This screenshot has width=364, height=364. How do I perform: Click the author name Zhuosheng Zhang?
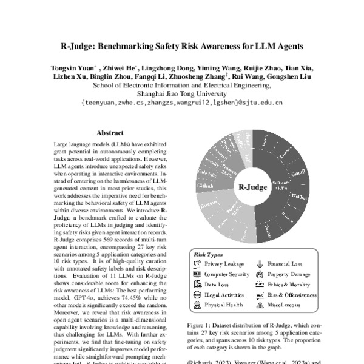[x=203, y=77]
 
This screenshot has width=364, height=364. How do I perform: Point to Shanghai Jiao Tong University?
[x=181, y=94]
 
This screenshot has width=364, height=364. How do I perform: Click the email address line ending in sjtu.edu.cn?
[x=181, y=103]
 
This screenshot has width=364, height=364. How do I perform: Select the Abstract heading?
[x=110, y=133]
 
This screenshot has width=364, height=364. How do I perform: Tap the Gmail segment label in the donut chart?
[x=298, y=174]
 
